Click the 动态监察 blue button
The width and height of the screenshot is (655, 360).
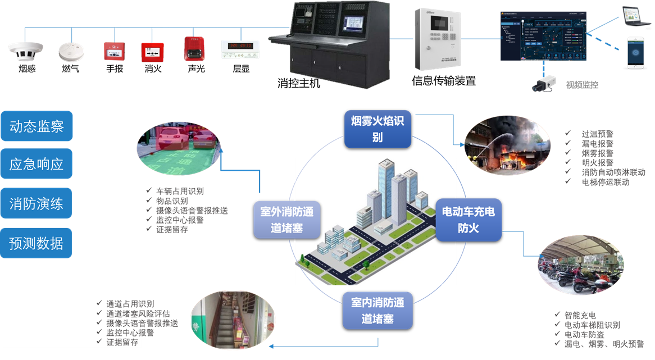click(x=37, y=126)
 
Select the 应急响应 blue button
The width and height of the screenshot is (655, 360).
click(x=37, y=165)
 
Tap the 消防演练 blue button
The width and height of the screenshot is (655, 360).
click(x=37, y=204)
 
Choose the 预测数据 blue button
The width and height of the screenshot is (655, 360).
click(x=37, y=243)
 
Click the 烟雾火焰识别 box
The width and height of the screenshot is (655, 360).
click(x=377, y=129)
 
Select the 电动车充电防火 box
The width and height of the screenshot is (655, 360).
click(x=468, y=220)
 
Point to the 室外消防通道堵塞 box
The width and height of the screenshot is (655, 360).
click(x=287, y=220)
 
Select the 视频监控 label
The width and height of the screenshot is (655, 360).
click(x=582, y=85)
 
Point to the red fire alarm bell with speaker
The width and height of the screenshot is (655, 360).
click(x=193, y=48)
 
